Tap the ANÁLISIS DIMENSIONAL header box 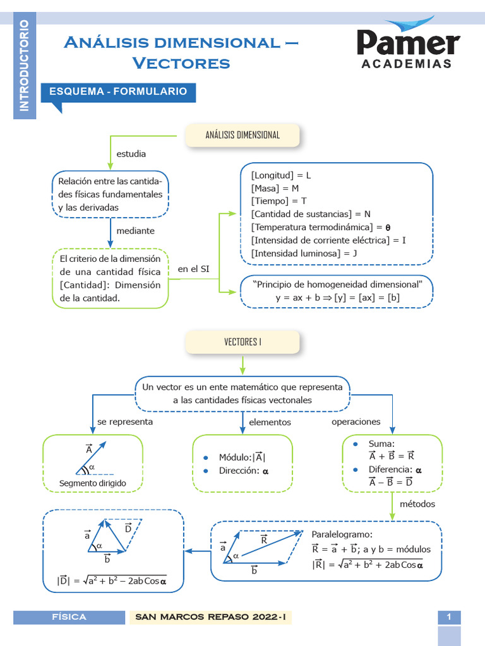point(242,135)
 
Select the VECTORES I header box point(242,343)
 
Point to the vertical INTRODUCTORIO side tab point(24,66)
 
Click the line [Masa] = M point(275,188)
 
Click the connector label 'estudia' point(131,153)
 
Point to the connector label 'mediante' point(135,231)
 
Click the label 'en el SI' point(193,269)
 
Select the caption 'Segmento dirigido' point(93,483)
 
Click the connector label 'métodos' point(417,504)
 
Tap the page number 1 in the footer point(449,617)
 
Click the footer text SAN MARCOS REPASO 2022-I point(212,617)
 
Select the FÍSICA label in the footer point(69,617)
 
